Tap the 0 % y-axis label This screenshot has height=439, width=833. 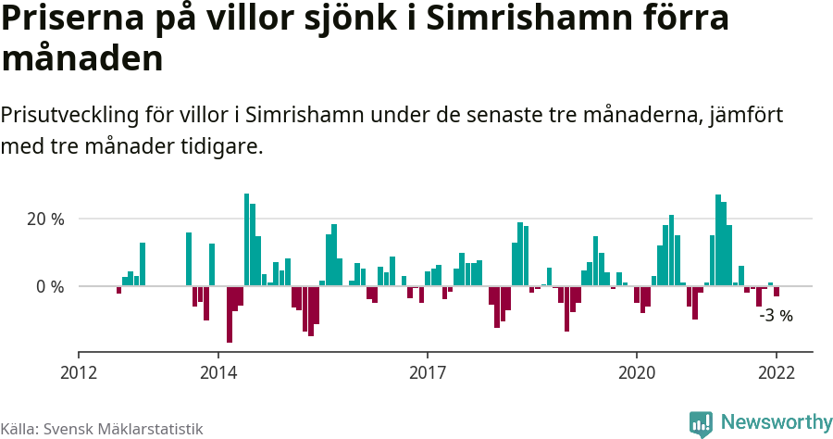51,287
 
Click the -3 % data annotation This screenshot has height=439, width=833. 776,316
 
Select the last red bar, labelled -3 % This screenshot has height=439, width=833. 777,291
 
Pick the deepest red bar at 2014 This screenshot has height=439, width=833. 230,314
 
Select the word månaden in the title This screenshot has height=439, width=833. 82,58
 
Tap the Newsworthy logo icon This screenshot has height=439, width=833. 701,423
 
